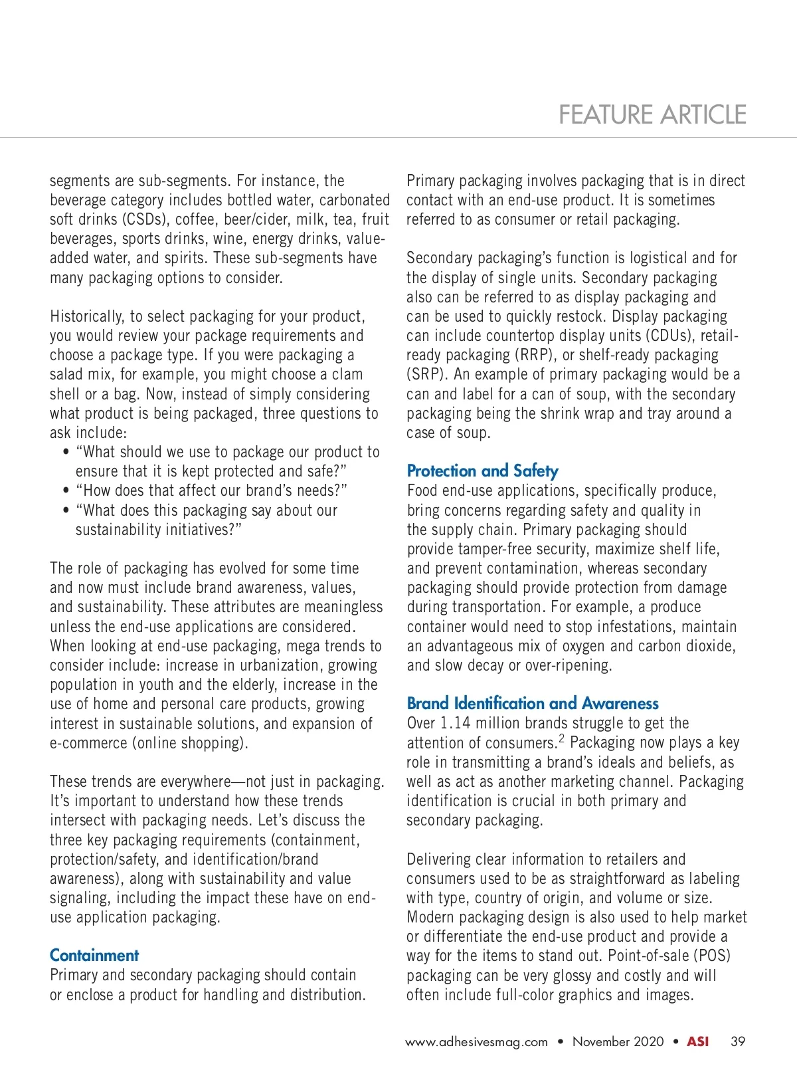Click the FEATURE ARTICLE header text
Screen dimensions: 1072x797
pyautogui.click(x=652, y=115)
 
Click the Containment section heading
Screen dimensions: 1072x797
pyautogui.click(x=94, y=956)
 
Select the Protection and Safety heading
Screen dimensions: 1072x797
pyautogui.click(x=482, y=471)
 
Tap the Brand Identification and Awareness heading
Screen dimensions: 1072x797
pyautogui.click(x=533, y=704)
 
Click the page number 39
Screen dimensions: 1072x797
pyautogui.click(x=738, y=1041)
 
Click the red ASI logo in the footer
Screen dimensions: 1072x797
pyautogui.click(x=697, y=1041)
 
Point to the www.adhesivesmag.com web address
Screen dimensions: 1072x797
pyautogui.click(x=476, y=1042)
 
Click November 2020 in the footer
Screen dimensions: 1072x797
pyautogui.click(x=618, y=1041)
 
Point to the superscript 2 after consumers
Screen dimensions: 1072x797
pyautogui.click(x=561, y=739)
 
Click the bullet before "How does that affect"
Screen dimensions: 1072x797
pyautogui.click(x=66, y=491)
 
